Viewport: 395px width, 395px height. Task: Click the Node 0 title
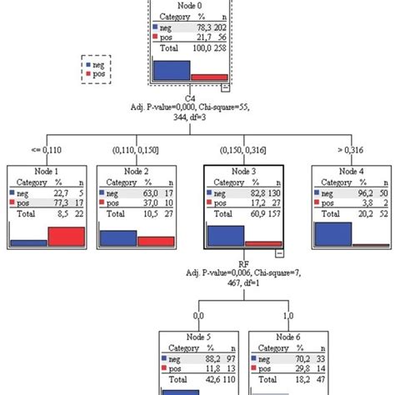pyautogui.click(x=191, y=5)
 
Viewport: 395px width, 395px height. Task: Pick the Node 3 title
pyautogui.click(x=242, y=172)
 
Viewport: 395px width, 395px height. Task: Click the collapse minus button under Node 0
pyautogui.click(x=225, y=86)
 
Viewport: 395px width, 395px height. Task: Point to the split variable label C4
pyautogui.click(x=191, y=97)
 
